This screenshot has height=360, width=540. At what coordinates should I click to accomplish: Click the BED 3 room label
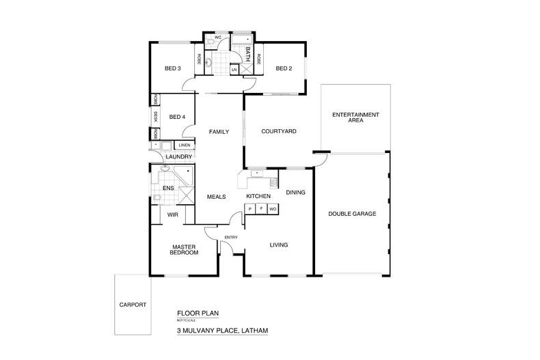172,68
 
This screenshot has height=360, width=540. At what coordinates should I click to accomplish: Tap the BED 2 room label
284,68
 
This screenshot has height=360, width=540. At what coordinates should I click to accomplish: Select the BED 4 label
177,117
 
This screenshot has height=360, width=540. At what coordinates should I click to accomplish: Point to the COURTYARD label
279,131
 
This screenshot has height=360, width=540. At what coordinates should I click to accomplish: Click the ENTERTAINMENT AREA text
355,117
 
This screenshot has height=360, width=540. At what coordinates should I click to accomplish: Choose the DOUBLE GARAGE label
352,214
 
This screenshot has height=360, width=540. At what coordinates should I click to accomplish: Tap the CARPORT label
133,305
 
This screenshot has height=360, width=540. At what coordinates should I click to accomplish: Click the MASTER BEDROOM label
184,249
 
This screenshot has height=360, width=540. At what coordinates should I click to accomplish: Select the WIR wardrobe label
172,214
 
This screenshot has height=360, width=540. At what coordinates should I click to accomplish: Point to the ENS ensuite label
168,188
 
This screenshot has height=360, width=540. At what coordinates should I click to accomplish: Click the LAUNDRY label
178,156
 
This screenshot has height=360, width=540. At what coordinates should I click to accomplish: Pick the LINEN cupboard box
185,146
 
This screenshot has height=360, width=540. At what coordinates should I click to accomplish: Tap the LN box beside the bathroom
234,70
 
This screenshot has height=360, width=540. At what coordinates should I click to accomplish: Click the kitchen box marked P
250,209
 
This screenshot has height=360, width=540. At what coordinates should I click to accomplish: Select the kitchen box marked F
261,209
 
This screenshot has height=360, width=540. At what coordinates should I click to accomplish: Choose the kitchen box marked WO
273,209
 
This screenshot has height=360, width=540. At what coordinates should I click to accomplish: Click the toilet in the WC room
210,43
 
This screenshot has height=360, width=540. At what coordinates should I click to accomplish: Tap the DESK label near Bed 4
155,117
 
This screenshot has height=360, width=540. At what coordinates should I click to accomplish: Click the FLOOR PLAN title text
198,313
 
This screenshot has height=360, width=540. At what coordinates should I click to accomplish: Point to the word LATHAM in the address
254,331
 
